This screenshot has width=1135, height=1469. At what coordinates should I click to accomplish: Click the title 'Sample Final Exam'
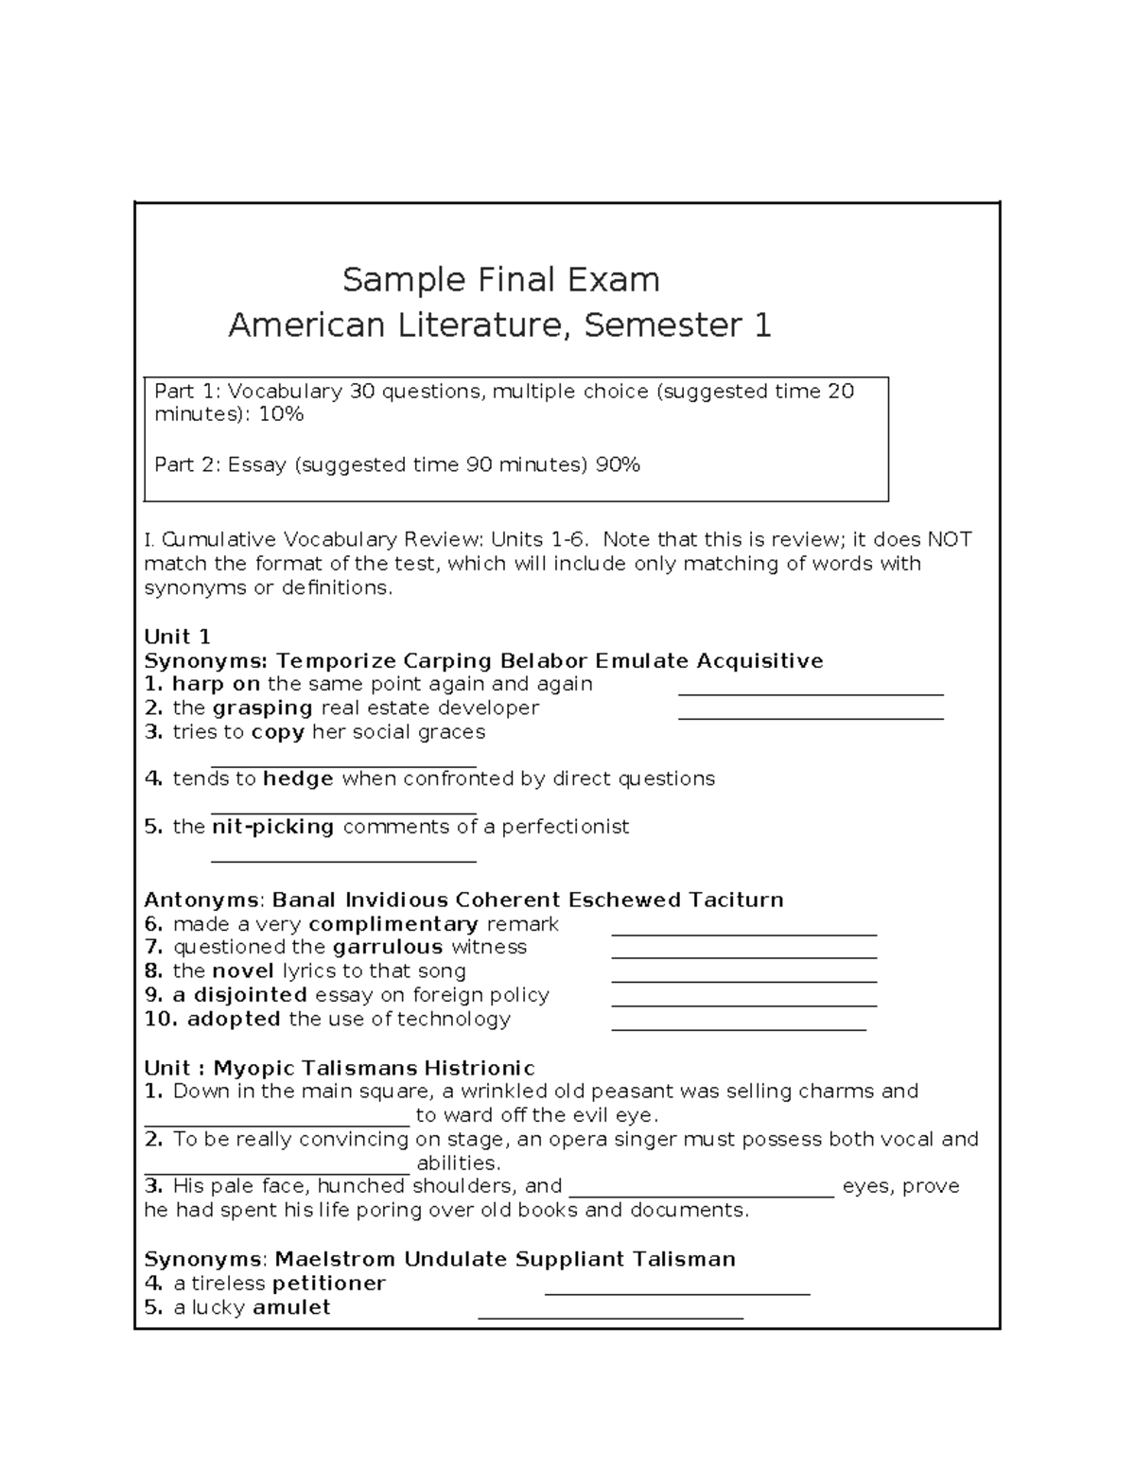[500, 280]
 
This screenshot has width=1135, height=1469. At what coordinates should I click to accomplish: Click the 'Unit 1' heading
[177, 637]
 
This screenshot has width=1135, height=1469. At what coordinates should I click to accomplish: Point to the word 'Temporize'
[336, 660]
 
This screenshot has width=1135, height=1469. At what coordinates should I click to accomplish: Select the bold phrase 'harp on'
[216, 684]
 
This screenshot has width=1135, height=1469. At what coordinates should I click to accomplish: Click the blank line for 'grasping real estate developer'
[811, 717]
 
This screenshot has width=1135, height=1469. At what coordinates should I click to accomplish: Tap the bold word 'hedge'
[298, 778]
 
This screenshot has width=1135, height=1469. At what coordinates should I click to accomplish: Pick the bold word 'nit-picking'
[272, 827]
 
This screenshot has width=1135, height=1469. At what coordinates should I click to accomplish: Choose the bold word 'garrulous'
[388, 947]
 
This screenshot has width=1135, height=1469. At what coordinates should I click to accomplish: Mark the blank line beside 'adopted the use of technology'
[739, 1027]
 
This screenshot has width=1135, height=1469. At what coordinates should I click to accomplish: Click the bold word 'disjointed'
[250, 995]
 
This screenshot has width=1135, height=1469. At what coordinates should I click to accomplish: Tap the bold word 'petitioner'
[328, 1284]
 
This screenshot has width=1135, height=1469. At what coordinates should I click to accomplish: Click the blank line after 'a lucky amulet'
[610, 1316]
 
